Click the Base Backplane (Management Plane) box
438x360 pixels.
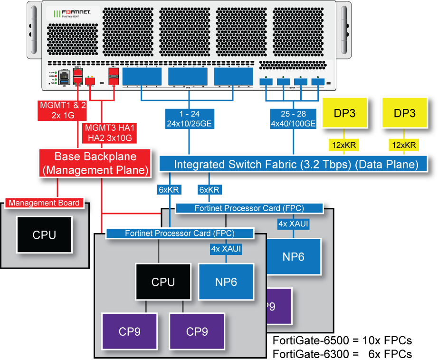(95, 162)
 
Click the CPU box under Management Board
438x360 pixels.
(44, 235)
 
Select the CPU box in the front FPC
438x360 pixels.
(163, 282)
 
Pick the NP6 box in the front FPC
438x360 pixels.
(226, 282)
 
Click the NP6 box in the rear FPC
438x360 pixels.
(293, 256)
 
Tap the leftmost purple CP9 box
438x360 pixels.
(129, 331)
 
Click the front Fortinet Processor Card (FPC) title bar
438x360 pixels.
(180, 234)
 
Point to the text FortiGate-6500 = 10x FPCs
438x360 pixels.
(342, 341)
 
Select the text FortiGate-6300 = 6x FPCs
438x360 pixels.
(342, 354)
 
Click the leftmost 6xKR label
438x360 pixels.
(168, 190)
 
